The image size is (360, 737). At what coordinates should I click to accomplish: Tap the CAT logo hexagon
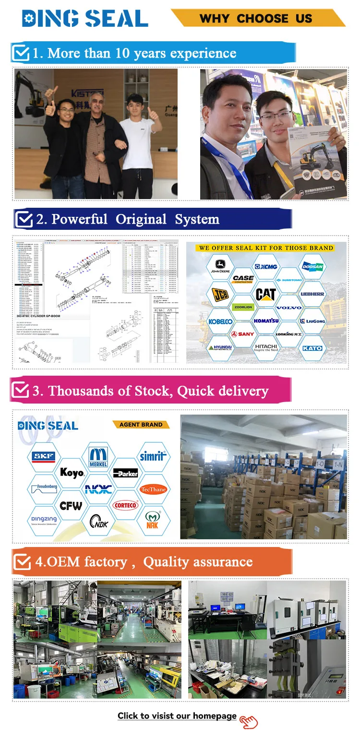pyautogui.click(x=265, y=294)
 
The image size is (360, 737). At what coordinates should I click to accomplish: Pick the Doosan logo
pyautogui.click(x=312, y=267)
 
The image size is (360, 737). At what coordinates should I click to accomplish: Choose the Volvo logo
pyautogui.click(x=289, y=308)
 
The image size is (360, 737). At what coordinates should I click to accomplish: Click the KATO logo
pyautogui.click(x=312, y=348)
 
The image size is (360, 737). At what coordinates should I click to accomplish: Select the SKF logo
pyautogui.click(x=44, y=457)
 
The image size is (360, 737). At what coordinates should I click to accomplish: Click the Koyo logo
pyautogui.click(x=72, y=473)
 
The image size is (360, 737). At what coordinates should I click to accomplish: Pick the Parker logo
pyautogui.click(x=126, y=473)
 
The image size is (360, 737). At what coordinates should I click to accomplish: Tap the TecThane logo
pyautogui.click(x=153, y=489)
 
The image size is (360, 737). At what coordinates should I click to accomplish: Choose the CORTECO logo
pyautogui.click(x=126, y=505)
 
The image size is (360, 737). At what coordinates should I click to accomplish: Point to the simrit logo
pyautogui.click(x=153, y=456)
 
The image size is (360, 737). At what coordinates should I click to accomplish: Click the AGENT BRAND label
pyautogui.click(x=140, y=425)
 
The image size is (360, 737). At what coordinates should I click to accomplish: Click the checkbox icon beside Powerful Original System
pyautogui.click(x=24, y=219)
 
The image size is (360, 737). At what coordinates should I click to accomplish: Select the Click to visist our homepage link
pyautogui.click(x=177, y=716)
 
